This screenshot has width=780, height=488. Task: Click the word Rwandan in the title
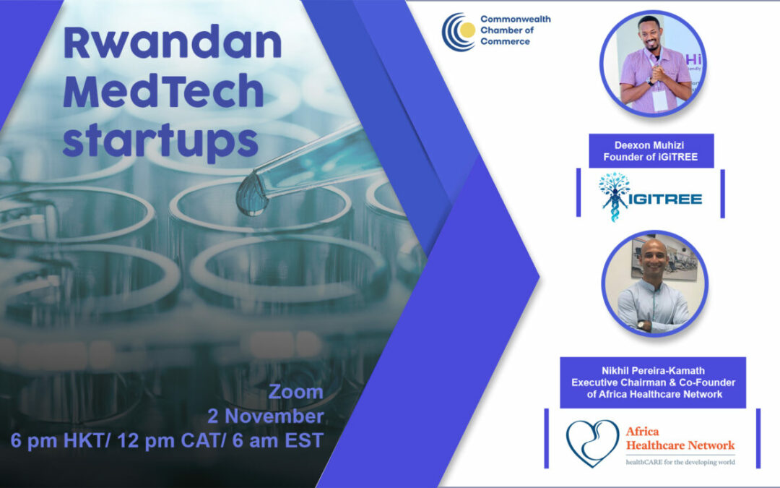click(x=172, y=44)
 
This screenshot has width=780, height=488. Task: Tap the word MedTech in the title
click(x=162, y=92)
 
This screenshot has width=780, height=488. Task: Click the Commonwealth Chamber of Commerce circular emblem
click(x=459, y=30)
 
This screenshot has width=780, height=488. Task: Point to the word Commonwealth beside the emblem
click(x=515, y=19)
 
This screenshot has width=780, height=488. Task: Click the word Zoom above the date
click(x=295, y=393)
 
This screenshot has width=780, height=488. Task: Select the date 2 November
click(x=265, y=416)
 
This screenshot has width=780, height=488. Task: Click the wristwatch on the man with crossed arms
click(x=641, y=325)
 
